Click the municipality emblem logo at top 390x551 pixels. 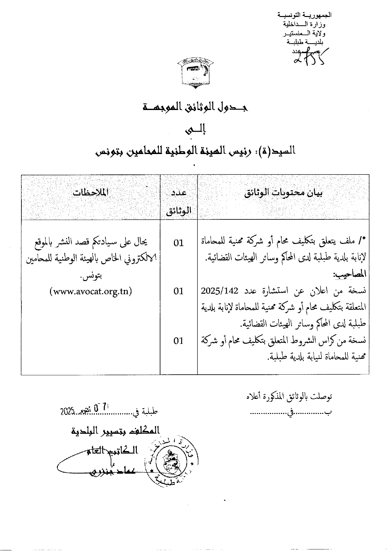click(195, 72)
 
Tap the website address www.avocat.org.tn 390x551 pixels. click(91, 291)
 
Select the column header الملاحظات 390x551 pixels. click(90, 192)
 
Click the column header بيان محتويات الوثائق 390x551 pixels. click(283, 193)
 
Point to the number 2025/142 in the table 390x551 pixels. click(220, 291)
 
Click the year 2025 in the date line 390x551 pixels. click(67, 411)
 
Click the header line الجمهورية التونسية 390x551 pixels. click(304, 15)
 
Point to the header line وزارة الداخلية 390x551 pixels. click(304, 24)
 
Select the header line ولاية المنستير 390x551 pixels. click(304, 33)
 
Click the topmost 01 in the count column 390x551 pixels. click(178, 243)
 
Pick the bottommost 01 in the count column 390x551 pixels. click(178, 341)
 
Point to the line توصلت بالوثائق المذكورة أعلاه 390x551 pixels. click(289, 397)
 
